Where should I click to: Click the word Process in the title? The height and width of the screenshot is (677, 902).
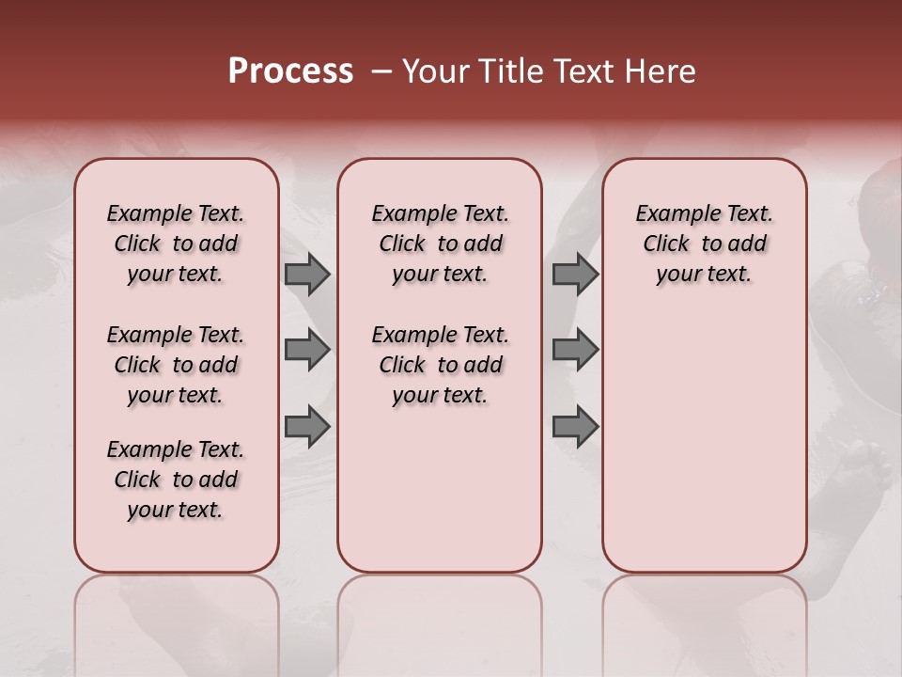290,71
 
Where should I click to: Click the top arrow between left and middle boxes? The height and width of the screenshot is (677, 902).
306,275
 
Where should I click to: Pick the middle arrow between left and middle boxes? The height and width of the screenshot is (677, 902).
306,350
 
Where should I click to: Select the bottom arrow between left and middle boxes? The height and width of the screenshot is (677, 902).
306,426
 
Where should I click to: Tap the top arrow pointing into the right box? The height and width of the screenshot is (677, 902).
575,275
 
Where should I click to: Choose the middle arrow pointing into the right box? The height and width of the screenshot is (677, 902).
575,350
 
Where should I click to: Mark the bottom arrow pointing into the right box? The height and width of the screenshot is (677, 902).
575,426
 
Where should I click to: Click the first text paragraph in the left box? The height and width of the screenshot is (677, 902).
176,244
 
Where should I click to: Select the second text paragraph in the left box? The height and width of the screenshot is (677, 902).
176,365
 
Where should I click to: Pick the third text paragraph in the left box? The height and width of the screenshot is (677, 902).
176,480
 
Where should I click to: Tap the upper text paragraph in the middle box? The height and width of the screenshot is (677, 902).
441,244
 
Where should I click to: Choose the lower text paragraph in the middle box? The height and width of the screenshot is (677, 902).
441,365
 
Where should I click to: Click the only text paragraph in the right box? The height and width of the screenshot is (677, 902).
705,244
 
